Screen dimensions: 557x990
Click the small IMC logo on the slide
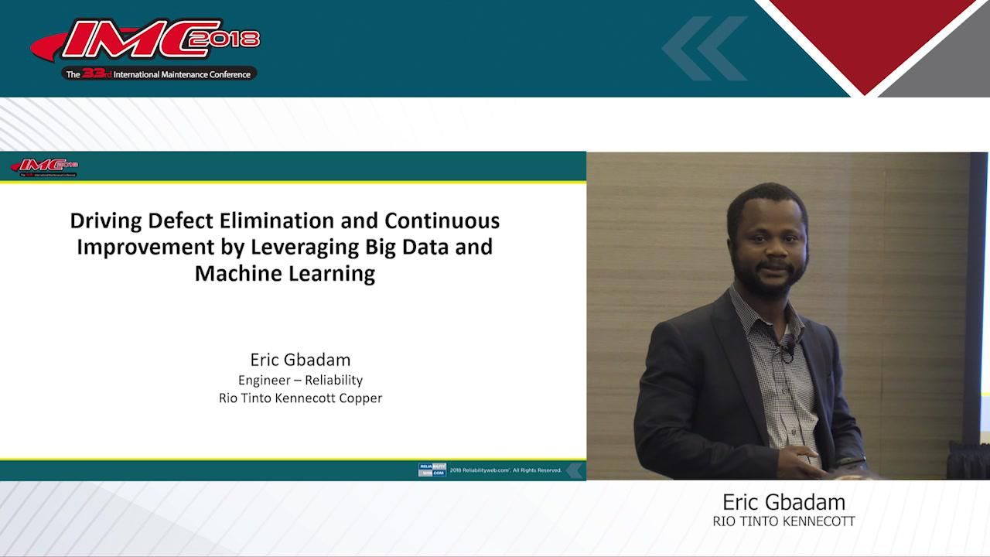click(44, 166)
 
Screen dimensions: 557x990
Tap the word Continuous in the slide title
click(442, 221)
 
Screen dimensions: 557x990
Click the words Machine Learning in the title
click(285, 274)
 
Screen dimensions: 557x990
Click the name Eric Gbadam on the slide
click(300, 360)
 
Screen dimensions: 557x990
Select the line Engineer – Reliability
click(300, 380)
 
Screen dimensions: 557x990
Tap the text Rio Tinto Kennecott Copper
click(300, 398)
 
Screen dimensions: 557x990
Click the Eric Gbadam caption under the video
click(783, 502)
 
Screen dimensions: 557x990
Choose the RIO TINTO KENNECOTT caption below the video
click(783, 521)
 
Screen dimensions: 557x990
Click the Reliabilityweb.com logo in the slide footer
click(432, 470)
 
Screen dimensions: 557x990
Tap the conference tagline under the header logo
click(159, 74)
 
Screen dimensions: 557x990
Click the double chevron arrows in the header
click(704, 48)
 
